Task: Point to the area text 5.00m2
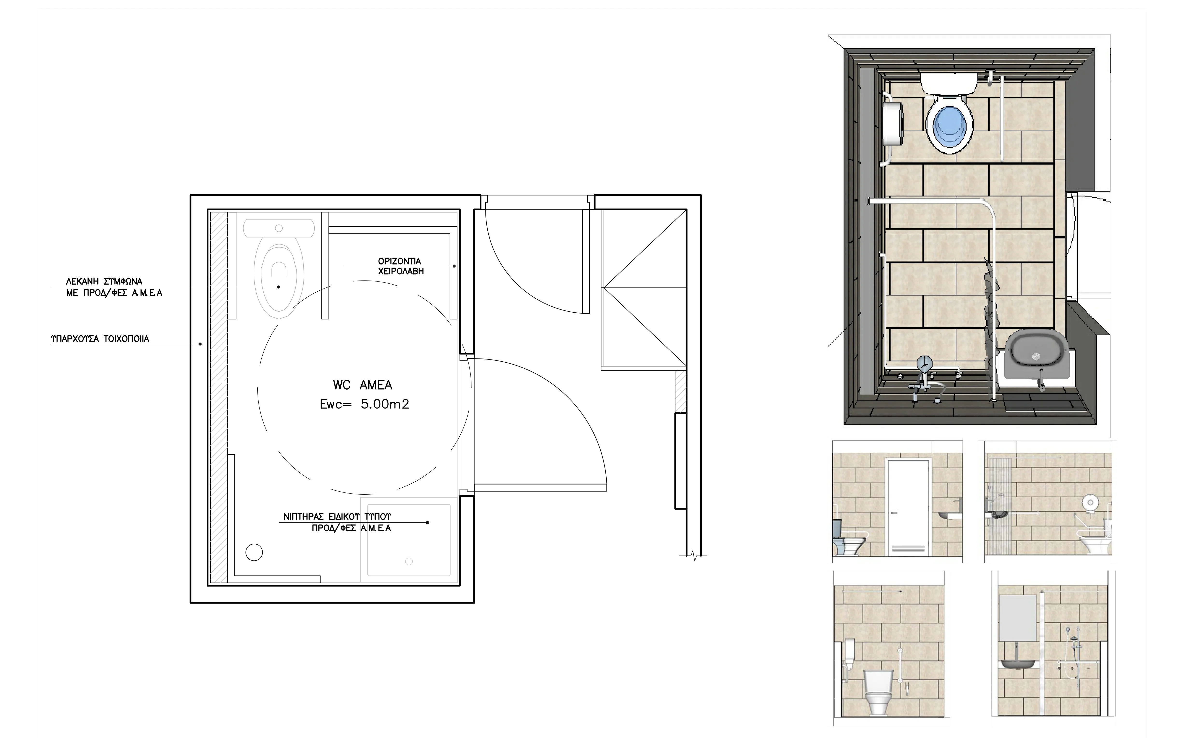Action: [x=385, y=404]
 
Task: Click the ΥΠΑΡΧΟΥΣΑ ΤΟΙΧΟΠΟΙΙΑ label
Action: [x=100, y=339]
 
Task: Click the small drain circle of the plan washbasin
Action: [x=409, y=561]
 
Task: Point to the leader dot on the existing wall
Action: [x=200, y=344]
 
